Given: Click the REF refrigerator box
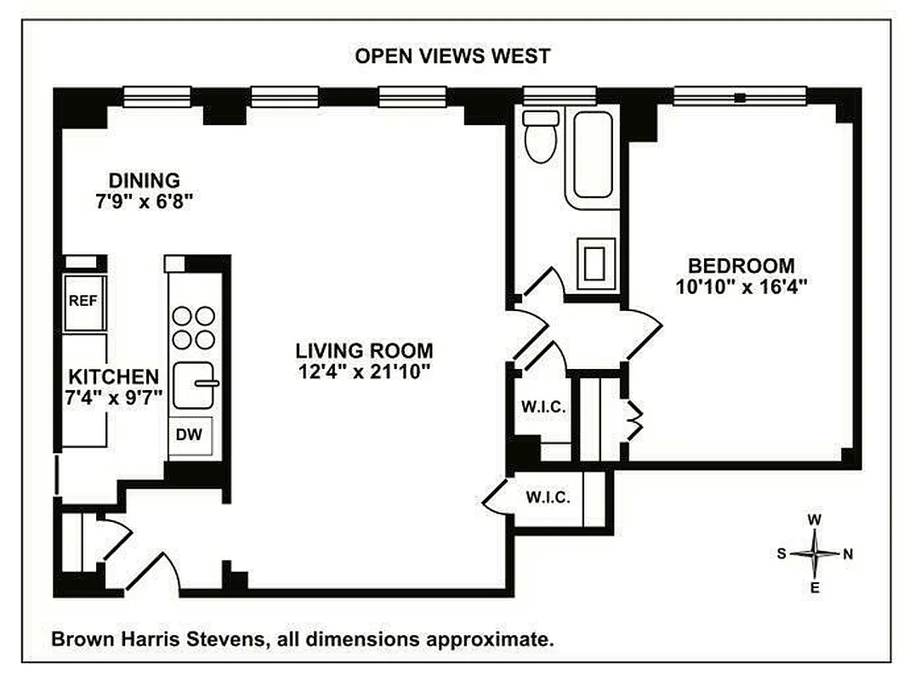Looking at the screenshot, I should coord(83,300).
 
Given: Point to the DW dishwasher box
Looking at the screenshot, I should coord(190,435).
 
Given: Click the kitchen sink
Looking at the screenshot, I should coord(195,385).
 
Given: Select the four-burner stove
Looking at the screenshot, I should coord(194,327).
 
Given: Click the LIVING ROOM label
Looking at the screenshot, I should coord(364,350).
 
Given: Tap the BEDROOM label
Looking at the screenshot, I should coord(742,265).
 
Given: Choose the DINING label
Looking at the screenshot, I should coord(144,180).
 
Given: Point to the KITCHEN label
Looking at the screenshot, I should coord(113,377).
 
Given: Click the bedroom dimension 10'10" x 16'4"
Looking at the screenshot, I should coord(742,286).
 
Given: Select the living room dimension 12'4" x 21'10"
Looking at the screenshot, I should coord(364,371).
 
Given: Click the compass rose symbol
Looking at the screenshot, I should coord(815,554).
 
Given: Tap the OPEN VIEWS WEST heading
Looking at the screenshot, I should coord(452,56).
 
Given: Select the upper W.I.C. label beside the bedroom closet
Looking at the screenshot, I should coord(543,406).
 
